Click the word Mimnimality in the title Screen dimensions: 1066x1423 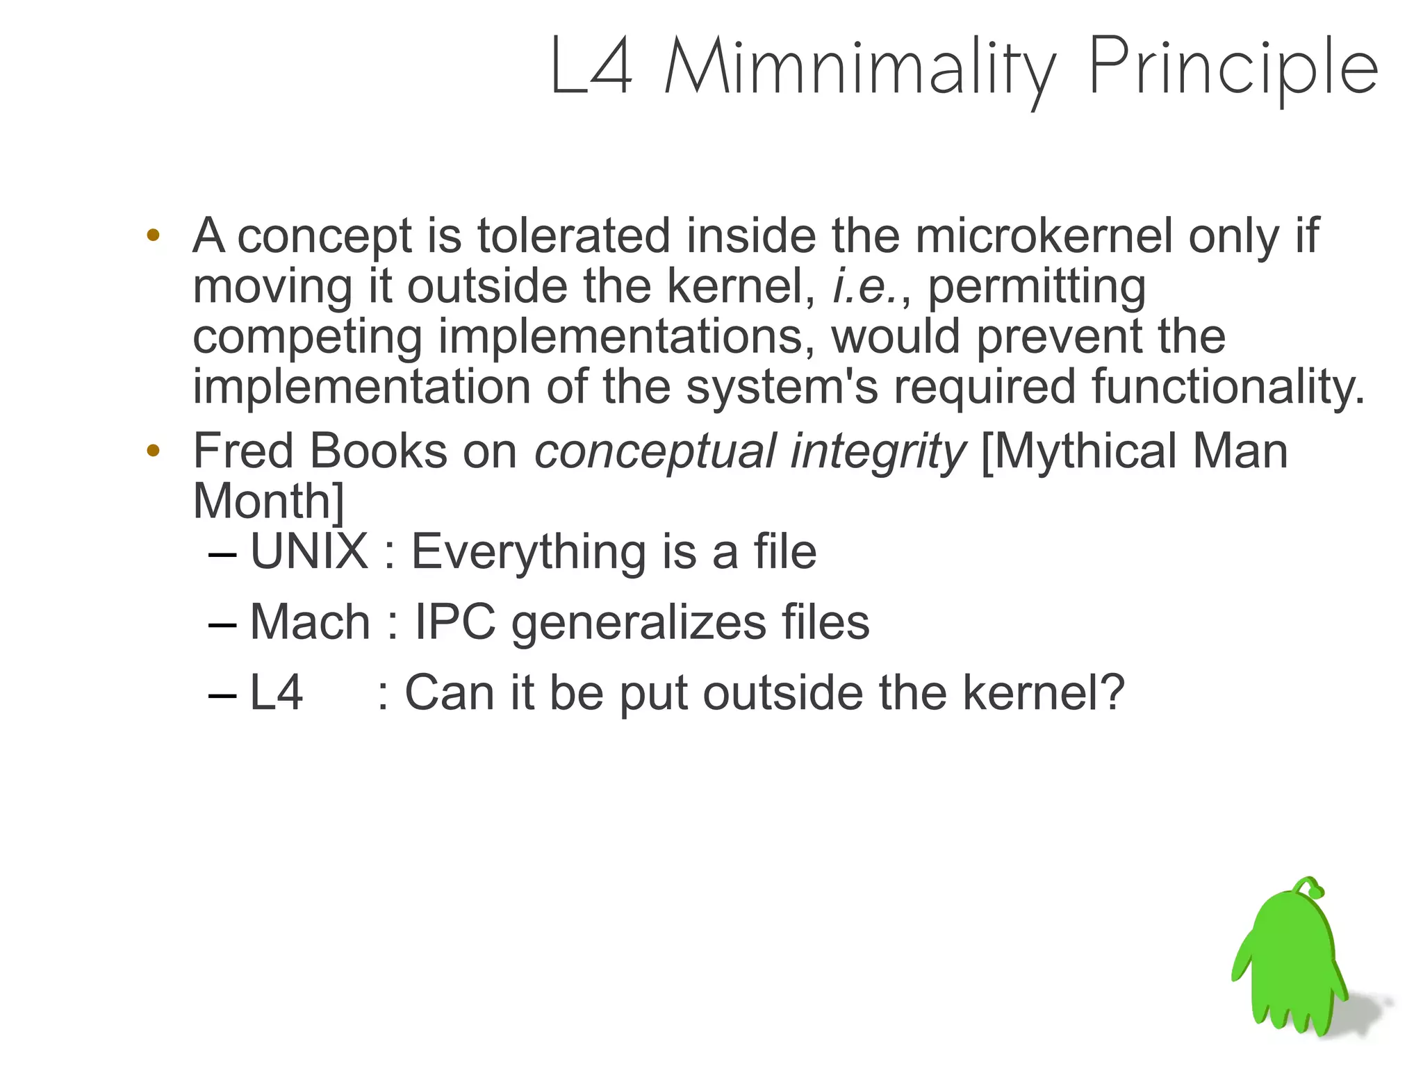859,67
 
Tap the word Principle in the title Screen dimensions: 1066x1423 1233,67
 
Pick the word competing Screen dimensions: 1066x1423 307,338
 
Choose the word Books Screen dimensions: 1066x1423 378,451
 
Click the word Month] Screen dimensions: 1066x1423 268,501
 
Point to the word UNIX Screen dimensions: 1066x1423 309,552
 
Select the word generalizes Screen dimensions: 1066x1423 639,623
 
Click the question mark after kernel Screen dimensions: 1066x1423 1112,692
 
